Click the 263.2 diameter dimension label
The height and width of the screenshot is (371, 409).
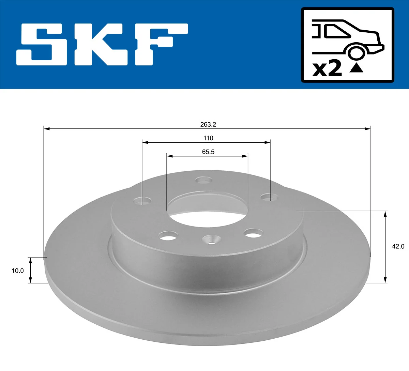tap(208, 124)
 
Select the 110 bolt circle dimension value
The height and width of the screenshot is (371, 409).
tap(208, 138)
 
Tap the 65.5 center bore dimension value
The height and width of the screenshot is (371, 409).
tap(208, 152)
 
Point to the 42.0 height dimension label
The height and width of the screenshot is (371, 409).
tap(398, 246)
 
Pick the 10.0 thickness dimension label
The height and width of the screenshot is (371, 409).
tap(18, 271)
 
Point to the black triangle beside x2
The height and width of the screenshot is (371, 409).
tap(356, 68)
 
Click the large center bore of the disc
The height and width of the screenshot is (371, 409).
tap(207, 206)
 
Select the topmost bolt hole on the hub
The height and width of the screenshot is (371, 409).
tap(204, 180)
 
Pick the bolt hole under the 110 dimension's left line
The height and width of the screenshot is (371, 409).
tap(142, 201)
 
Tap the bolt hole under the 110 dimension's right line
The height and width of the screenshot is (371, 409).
tap(270, 197)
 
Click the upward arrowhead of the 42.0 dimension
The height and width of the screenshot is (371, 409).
tap(385, 214)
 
